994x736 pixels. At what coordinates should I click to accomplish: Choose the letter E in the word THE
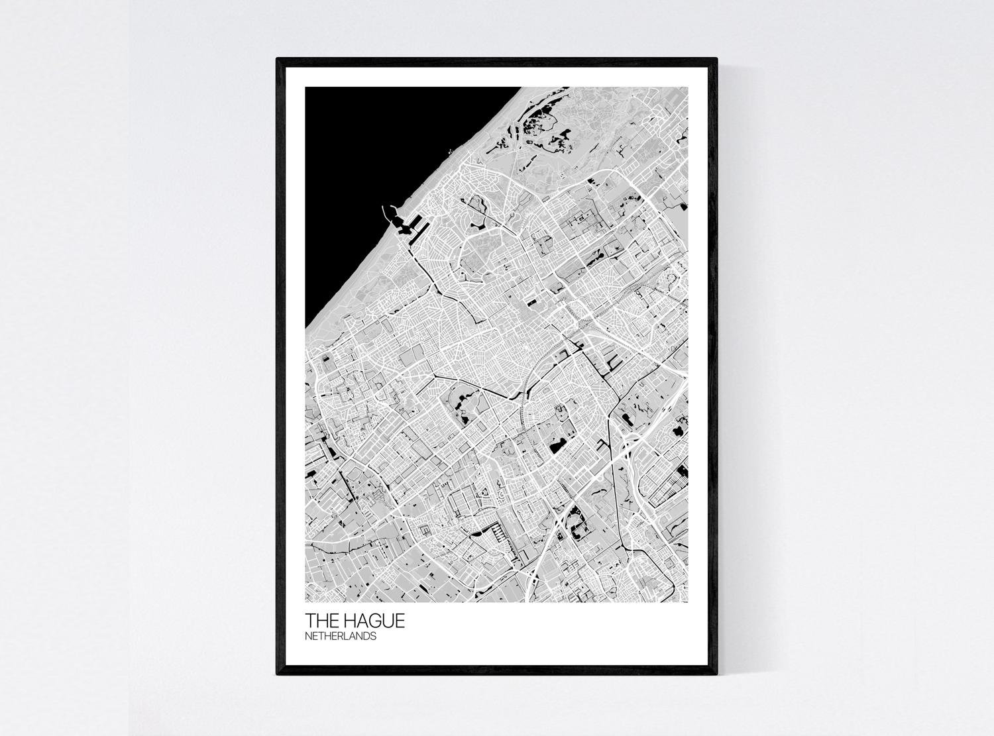(333, 621)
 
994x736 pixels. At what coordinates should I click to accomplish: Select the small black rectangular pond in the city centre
(531, 303)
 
